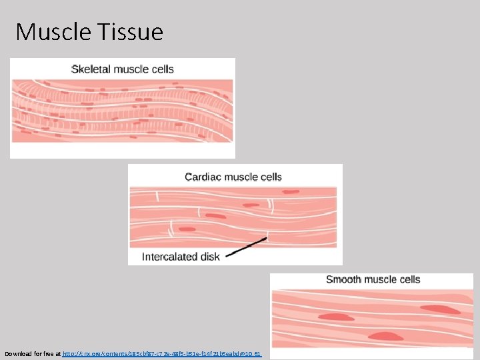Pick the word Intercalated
click(x=170, y=257)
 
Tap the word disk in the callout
click(x=209, y=257)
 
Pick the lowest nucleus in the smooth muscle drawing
click(x=387, y=335)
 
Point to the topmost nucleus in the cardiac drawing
click(x=290, y=192)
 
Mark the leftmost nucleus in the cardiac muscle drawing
click(x=215, y=215)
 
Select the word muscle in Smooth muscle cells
click(x=377, y=279)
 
